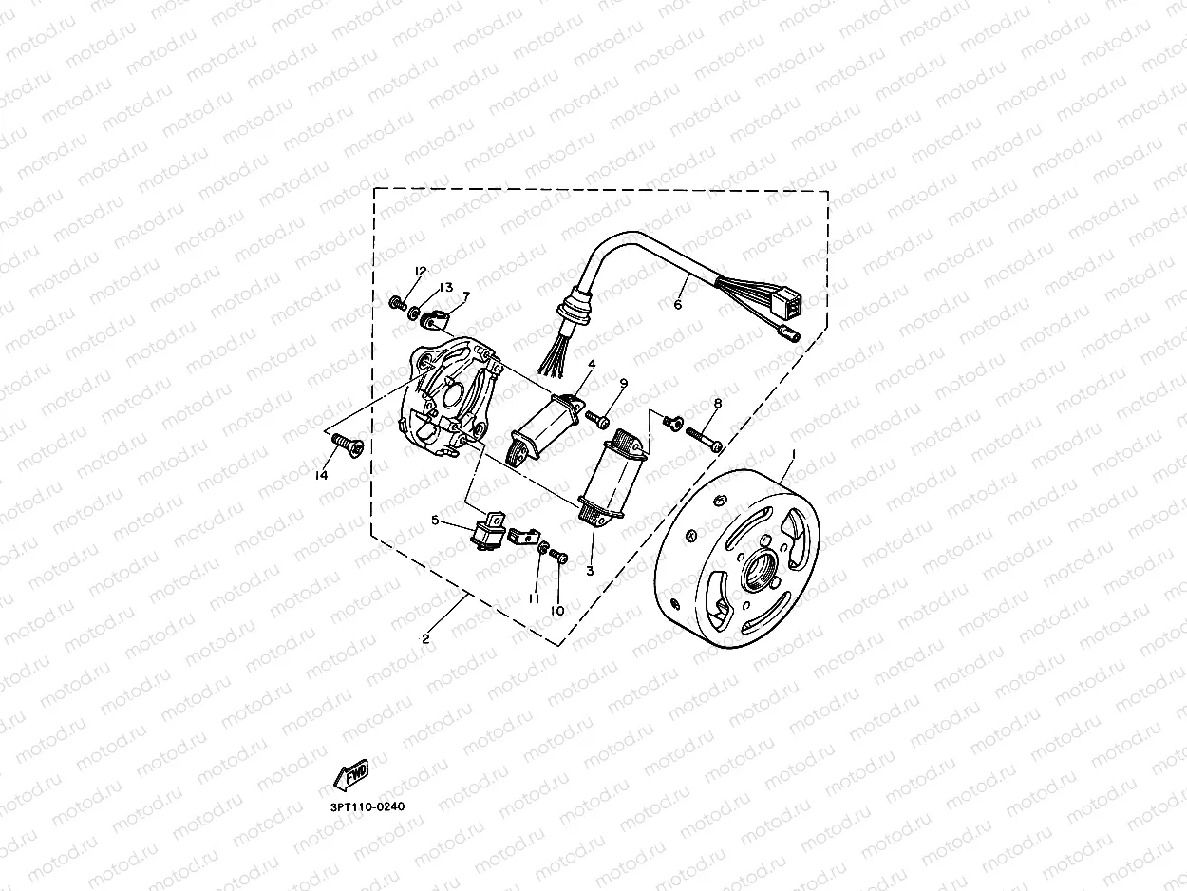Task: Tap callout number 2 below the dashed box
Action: click(x=425, y=639)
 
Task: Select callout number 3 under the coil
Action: click(x=590, y=571)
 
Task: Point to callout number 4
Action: click(x=591, y=364)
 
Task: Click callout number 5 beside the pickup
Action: click(x=435, y=521)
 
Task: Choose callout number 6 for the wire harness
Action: click(x=678, y=305)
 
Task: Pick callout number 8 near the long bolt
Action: click(x=718, y=403)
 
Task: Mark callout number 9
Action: click(x=624, y=383)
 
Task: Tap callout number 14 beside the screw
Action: click(x=322, y=475)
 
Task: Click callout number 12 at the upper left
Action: click(x=420, y=272)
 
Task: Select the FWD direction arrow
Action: click(x=350, y=774)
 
